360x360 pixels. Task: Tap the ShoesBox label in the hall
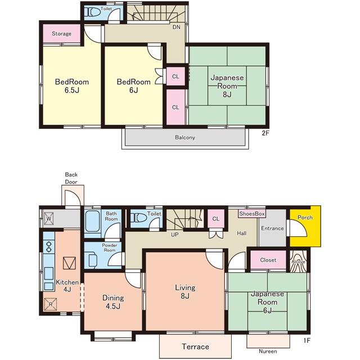tap(252, 214)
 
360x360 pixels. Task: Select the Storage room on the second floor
tap(61, 34)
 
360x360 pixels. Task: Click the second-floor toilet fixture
tap(92, 12)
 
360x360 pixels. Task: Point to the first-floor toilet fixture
tap(138, 218)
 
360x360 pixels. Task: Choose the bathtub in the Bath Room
tap(92, 221)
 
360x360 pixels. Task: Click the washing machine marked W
tap(48, 218)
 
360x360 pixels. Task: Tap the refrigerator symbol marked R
tap(50, 304)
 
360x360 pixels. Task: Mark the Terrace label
tap(195, 346)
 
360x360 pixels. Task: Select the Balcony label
tap(185, 137)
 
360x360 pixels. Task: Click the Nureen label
tap(268, 351)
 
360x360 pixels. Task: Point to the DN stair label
tap(176, 27)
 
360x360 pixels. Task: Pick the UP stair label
tap(175, 235)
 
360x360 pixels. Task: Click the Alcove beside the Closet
tap(298, 261)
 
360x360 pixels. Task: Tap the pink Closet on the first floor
tap(268, 260)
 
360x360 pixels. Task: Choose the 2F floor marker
tap(265, 133)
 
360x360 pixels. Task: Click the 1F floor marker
tap(307, 340)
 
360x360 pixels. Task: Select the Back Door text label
tap(71, 178)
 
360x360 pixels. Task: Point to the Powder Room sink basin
tap(92, 260)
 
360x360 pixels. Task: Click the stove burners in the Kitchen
tap(49, 246)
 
